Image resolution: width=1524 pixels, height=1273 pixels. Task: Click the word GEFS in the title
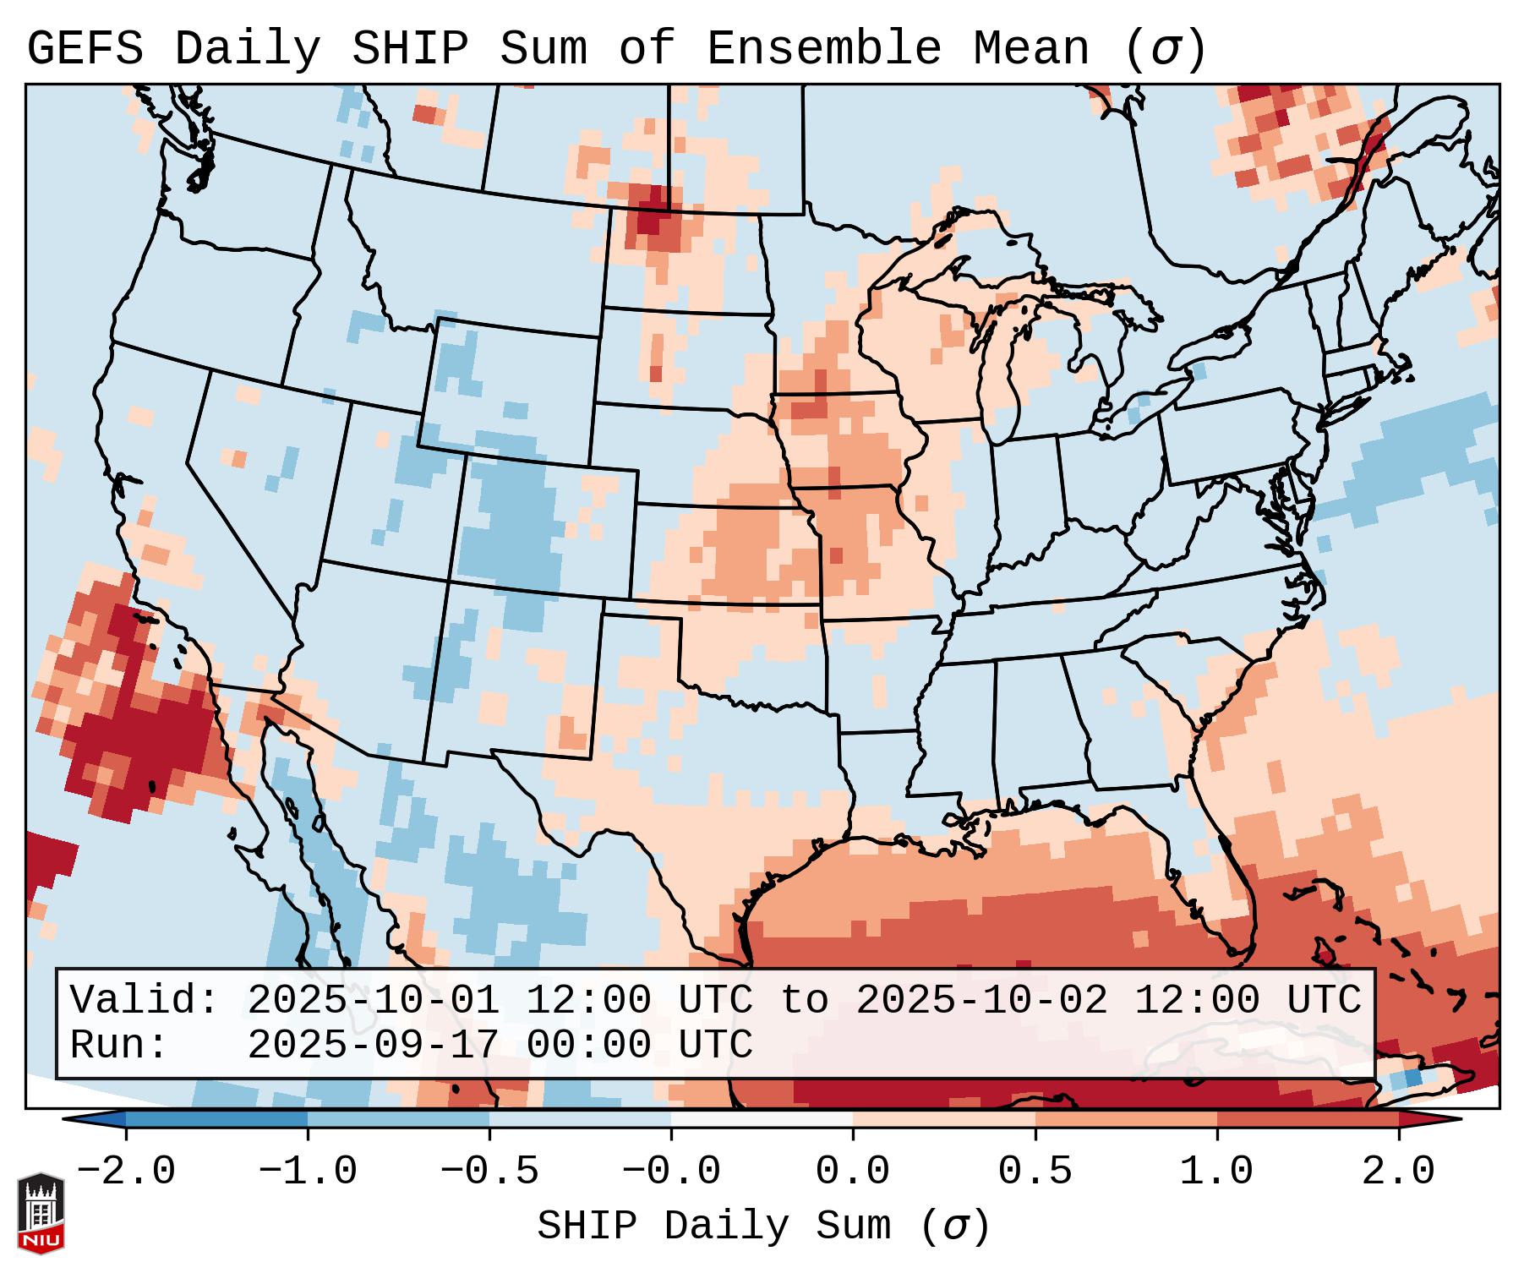(85, 49)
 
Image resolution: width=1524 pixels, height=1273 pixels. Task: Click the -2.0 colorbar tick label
(126, 1172)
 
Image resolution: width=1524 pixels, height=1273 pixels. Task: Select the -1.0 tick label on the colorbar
(308, 1172)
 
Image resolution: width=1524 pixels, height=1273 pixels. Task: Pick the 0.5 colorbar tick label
(1035, 1172)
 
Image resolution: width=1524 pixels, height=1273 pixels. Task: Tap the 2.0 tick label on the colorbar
(1398, 1172)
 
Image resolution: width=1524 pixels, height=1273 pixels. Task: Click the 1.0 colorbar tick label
(1216, 1172)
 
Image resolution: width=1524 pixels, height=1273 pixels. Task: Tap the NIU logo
(41, 1213)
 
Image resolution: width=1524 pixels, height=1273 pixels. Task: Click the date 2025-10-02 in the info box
(981, 1001)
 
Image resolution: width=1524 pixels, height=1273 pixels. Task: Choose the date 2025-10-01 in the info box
(373, 1001)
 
